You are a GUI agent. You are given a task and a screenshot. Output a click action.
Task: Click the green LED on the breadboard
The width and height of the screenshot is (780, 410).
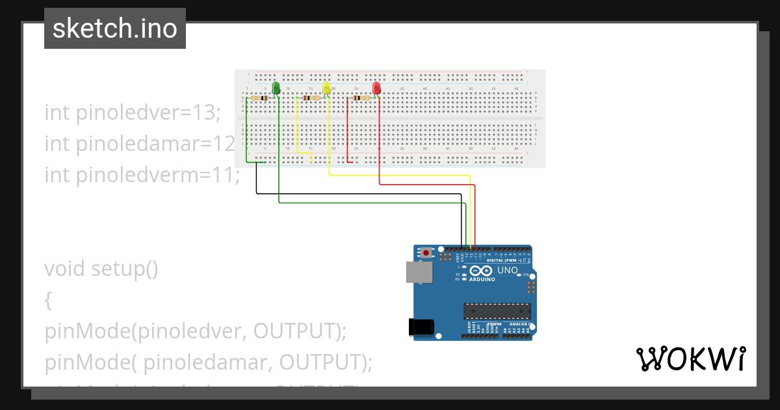pyautogui.click(x=276, y=88)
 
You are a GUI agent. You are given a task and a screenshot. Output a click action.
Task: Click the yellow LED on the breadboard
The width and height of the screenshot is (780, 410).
pyautogui.click(x=327, y=89)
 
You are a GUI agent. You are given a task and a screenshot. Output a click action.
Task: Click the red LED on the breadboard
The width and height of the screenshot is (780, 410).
pyautogui.click(x=376, y=88)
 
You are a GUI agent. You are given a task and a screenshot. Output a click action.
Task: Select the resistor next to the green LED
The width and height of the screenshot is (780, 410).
pyautogui.click(x=261, y=98)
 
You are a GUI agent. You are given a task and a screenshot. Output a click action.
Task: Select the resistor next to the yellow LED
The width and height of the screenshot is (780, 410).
pyautogui.click(x=311, y=98)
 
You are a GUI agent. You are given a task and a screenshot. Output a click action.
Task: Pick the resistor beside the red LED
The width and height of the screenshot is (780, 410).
pyautogui.click(x=360, y=98)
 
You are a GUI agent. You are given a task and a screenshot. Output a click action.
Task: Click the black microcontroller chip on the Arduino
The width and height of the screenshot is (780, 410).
pyautogui.click(x=497, y=311)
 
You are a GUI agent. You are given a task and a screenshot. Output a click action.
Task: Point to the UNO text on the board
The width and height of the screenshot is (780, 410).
pyautogui.click(x=507, y=270)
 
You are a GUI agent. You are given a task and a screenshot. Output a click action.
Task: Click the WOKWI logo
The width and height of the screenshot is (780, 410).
pyautogui.click(x=690, y=359)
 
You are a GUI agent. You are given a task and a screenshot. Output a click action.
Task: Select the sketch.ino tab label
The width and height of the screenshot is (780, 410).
pyautogui.click(x=115, y=29)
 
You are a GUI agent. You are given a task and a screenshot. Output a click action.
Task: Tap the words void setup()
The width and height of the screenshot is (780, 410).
pyautogui.click(x=101, y=269)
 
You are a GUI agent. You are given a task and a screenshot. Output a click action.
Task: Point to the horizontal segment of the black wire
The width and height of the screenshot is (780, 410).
pyautogui.click(x=357, y=193)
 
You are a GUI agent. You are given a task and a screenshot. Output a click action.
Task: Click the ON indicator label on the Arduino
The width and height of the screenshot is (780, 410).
pyautogui.click(x=525, y=275)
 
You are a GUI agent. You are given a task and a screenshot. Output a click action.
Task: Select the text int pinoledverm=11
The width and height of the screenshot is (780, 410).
pyautogui.click(x=142, y=174)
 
